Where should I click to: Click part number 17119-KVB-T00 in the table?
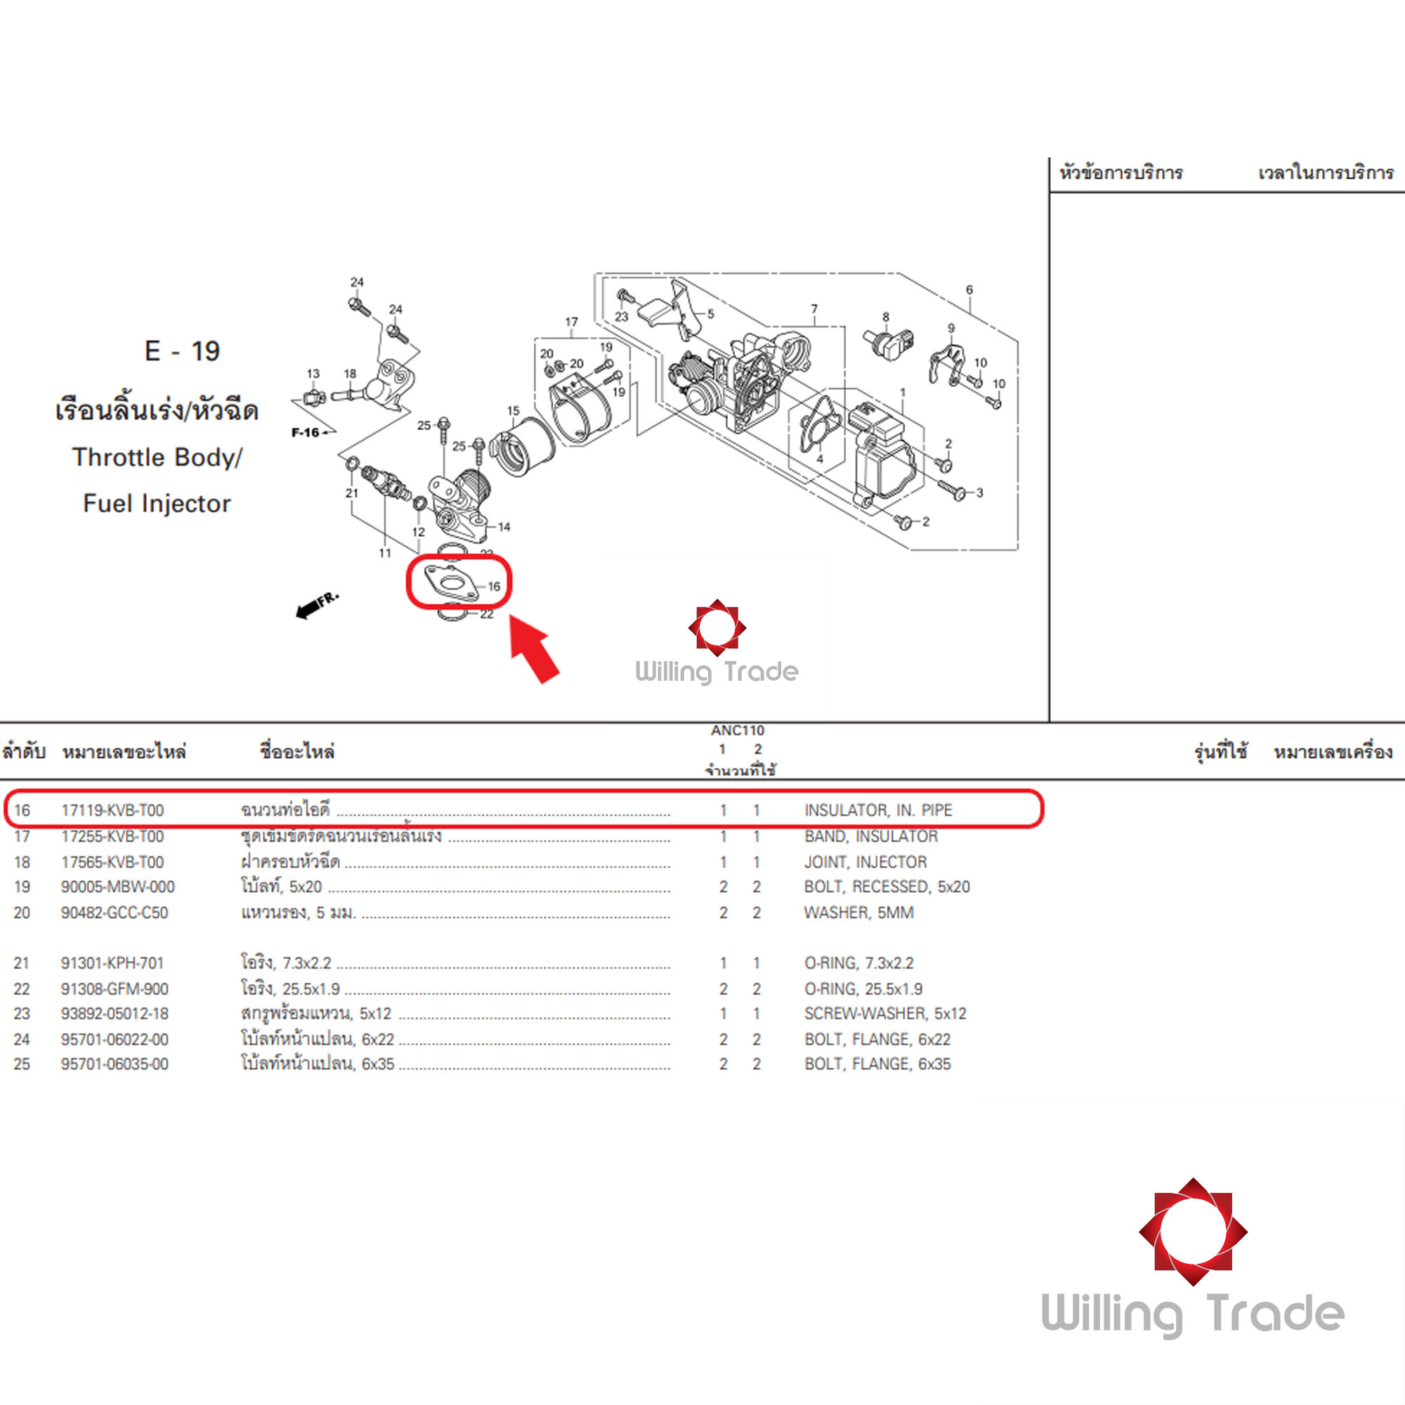pyautogui.click(x=112, y=810)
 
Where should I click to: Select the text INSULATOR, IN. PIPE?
pyautogui.click(x=877, y=810)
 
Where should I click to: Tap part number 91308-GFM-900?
pyautogui.click(x=115, y=989)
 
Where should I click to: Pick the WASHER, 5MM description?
pyautogui.click(x=858, y=913)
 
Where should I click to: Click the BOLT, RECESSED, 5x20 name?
pyautogui.click(x=887, y=887)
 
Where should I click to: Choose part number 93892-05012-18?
pyautogui.click(x=115, y=1014)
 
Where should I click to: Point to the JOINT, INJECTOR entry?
pyautogui.click(x=865, y=862)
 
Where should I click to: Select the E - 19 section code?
pyautogui.click(x=182, y=351)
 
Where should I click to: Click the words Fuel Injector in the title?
pyautogui.click(x=157, y=503)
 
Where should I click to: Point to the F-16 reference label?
pyautogui.click(x=306, y=433)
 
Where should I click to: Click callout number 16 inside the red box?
pyautogui.click(x=494, y=586)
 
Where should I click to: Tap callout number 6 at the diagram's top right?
pyautogui.click(x=969, y=289)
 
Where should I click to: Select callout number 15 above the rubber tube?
pyautogui.click(x=514, y=411)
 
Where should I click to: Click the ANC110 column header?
pyautogui.click(x=738, y=730)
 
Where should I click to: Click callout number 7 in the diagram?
pyautogui.click(x=813, y=309)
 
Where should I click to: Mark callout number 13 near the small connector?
pyautogui.click(x=313, y=374)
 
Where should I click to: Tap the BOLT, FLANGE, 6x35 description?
pyautogui.click(x=877, y=1064)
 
